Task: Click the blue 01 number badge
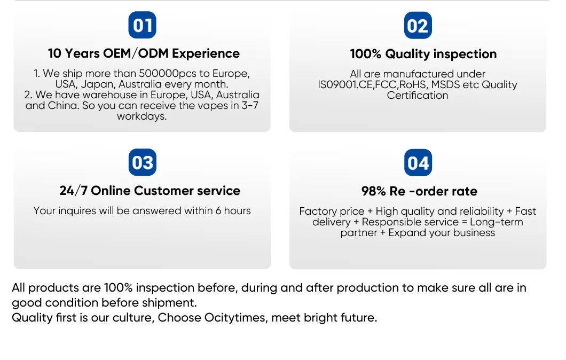[142, 25]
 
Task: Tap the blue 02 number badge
[418, 25]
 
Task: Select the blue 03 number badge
[142, 162]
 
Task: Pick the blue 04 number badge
[418, 162]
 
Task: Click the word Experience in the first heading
[206, 53]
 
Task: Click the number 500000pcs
[168, 73]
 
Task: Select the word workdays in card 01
[142, 116]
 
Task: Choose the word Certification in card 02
[418, 95]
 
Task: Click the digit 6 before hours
[218, 210]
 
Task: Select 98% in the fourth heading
[374, 191]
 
